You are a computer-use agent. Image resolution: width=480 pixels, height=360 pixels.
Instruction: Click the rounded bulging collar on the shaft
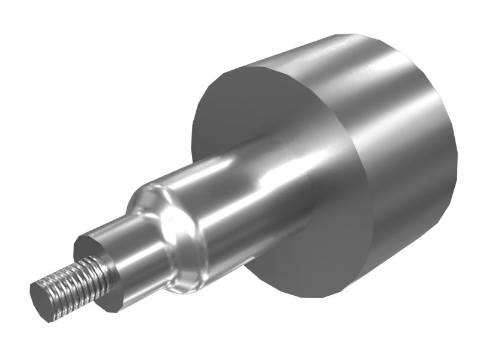click(x=177, y=240)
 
